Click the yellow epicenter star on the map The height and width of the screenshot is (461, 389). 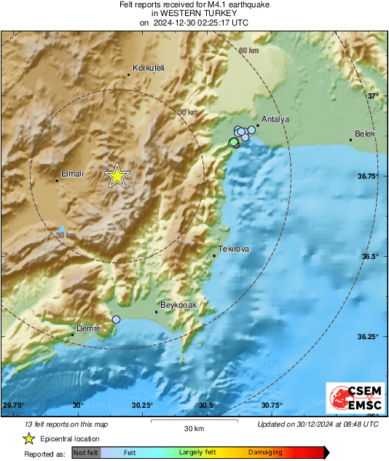117,176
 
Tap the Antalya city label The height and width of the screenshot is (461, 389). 275,119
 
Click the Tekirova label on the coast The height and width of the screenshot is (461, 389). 234,249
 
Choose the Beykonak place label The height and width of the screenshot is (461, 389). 177,305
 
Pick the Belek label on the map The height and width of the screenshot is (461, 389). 364,134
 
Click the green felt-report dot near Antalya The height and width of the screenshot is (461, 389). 233,144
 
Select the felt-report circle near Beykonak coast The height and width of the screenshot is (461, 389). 116,319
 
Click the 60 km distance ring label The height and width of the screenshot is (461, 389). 248,50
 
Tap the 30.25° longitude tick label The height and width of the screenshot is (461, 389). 142,406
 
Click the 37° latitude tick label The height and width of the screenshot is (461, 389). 373,96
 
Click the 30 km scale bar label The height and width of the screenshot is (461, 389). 194,427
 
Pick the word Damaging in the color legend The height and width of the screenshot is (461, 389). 265,452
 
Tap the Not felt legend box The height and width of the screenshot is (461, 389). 87,452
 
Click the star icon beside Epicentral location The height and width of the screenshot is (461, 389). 29,438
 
